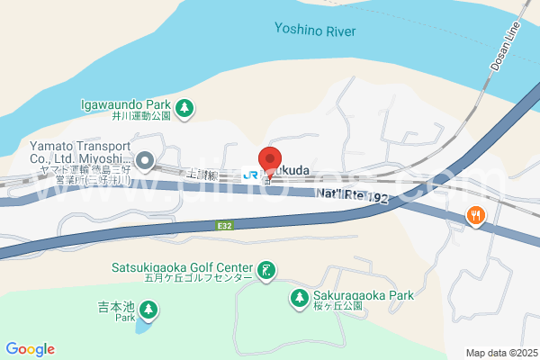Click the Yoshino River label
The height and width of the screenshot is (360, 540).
click(x=315, y=31)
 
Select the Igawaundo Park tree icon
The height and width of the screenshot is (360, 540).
click(x=184, y=107)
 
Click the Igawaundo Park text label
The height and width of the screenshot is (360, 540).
click(x=124, y=104)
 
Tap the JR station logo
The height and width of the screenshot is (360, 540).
click(x=251, y=175)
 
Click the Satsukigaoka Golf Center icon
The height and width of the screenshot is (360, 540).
click(x=266, y=269)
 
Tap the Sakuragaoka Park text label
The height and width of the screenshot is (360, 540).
click(x=363, y=294)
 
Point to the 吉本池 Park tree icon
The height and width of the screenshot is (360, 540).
click(x=149, y=311)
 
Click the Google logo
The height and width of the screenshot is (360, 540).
click(x=31, y=349)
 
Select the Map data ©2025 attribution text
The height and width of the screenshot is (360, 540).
click(x=499, y=353)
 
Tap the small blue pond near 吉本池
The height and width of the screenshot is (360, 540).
click(x=142, y=326)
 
